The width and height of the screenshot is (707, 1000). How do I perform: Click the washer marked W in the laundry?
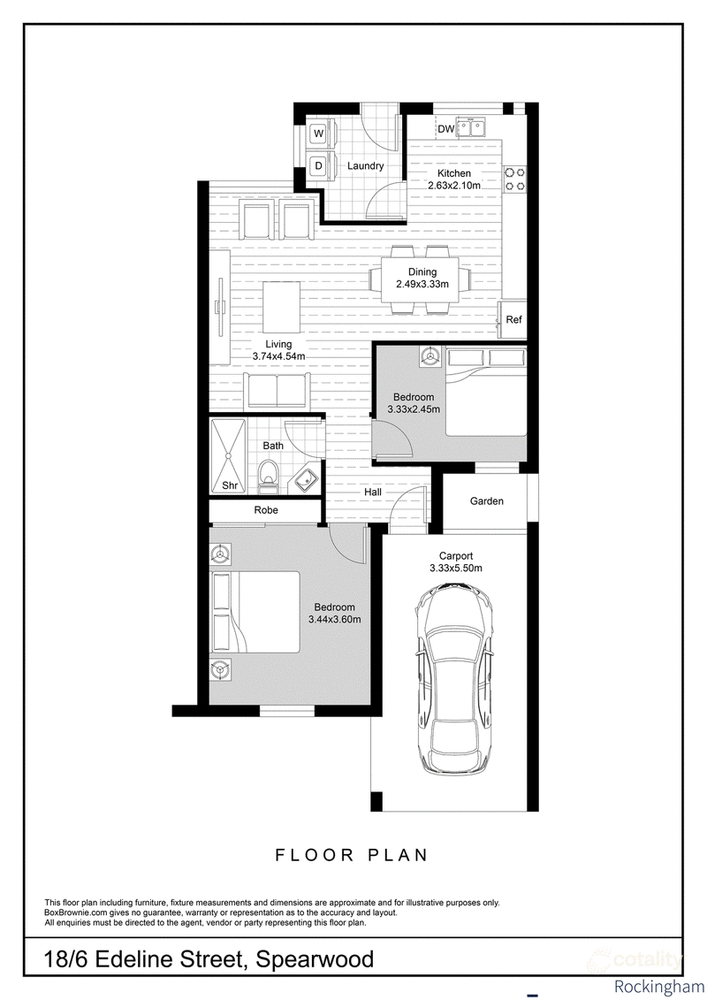(x=318, y=134)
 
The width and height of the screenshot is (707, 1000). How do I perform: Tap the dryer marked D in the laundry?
(x=318, y=166)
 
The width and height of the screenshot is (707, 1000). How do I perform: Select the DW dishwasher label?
(x=446, y=129)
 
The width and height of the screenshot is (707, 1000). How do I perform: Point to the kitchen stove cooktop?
(x=515, y=179)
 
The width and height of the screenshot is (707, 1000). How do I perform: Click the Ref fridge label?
(x=513, y=319)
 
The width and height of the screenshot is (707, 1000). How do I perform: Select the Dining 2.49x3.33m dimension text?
(x=422, y=278)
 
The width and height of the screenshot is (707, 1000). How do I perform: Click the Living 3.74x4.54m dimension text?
(x=278, y=350)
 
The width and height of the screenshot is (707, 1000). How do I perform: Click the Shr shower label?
(x=230, y=486)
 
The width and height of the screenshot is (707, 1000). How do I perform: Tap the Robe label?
(x=266, y=510)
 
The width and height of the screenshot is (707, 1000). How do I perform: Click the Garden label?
(x=486, y=501)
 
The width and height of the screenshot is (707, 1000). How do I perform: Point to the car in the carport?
(x=455, y=680)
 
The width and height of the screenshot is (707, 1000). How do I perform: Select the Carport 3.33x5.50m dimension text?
(x=456, y=561)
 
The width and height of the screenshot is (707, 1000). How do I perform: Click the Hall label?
(x=373, y=492)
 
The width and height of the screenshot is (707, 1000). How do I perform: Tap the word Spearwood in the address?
(x=315, y=958)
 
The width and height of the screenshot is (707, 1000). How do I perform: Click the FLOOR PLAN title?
(x=351, y=855)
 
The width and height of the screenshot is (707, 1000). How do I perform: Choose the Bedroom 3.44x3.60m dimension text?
(x=335, y=613)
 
